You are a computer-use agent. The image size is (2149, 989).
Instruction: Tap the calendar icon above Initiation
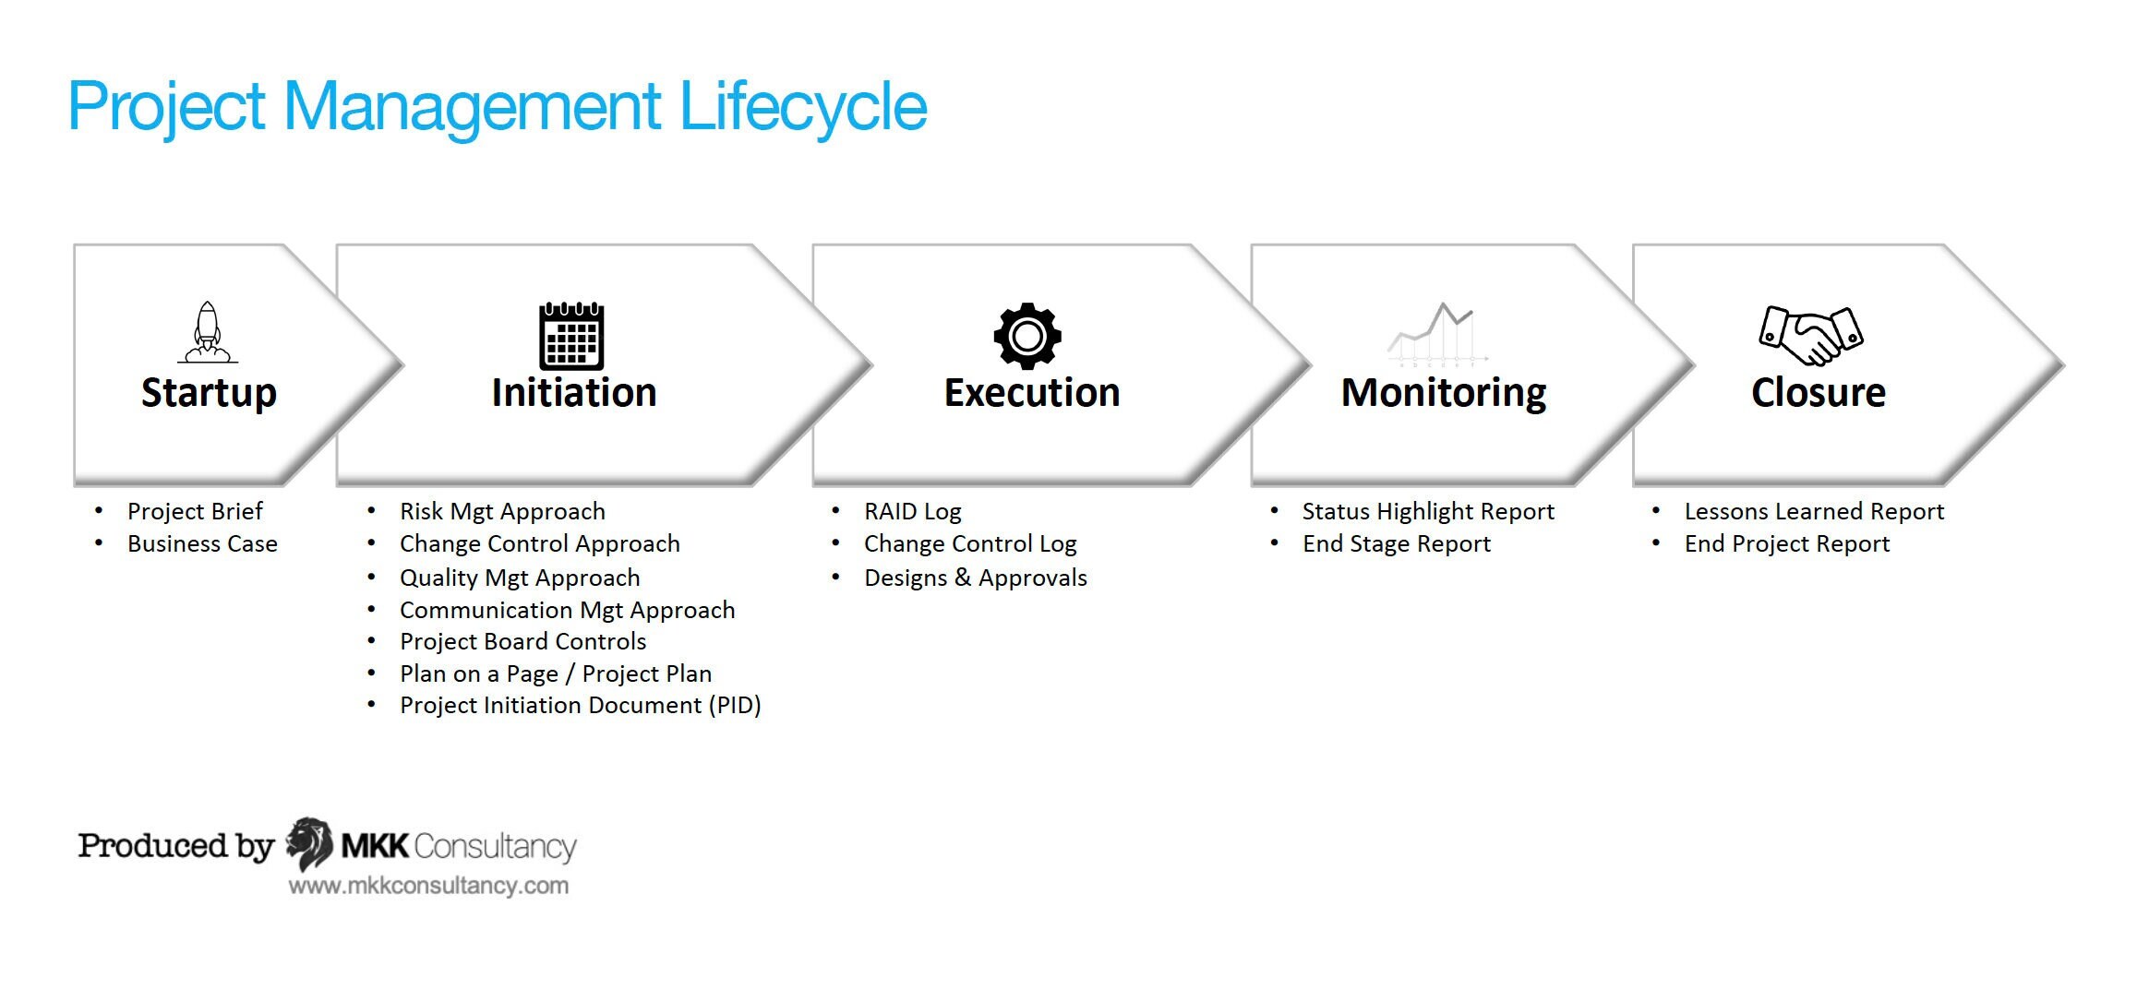(x=571, y=336)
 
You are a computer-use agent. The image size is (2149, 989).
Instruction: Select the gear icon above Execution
(x=1027, y=336)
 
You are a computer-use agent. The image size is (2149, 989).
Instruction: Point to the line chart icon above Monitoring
(x=1437, y=334)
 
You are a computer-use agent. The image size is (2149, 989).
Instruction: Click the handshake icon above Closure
(x=1810, y=335)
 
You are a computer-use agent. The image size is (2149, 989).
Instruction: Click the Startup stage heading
(x=209, y=393)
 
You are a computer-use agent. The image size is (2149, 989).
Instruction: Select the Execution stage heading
(x=1031, y=393)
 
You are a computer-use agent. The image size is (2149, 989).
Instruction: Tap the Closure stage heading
(x=1818, y=393)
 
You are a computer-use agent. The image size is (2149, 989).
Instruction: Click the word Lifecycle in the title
(x=802, y=107)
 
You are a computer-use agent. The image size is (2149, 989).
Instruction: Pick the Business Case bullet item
(x=202, y=544)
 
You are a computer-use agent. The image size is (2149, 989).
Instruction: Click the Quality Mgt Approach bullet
(x=519, y=578)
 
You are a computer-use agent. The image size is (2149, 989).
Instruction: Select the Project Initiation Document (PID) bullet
(x=580, y=706)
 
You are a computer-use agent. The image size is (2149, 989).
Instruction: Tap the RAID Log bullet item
(x=912, y=512)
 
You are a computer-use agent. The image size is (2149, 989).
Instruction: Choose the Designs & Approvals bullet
(x=975, y=578)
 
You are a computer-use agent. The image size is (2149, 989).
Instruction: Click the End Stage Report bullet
(x=1396, y=544)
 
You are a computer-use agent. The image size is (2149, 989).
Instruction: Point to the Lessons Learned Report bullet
(x=1813, y=512)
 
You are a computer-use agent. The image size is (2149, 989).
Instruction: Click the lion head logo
(x=309, y=843)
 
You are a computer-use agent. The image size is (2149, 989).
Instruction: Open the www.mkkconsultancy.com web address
(x=428, y=886)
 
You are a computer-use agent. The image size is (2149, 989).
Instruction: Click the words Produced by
(x=175, y=845)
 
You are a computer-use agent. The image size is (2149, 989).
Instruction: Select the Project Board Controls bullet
(x=522, y=641)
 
